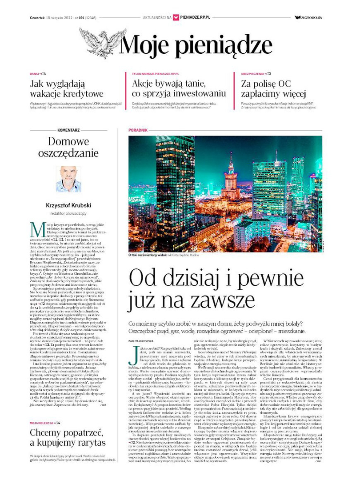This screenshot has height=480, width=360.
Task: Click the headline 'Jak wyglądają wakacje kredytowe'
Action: pos(66,88)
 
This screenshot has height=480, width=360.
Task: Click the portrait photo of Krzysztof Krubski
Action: pos(68,179)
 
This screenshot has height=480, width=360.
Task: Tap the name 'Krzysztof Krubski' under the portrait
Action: pos(68,205)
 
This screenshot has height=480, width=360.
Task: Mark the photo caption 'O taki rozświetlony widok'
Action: pos(152,255)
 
